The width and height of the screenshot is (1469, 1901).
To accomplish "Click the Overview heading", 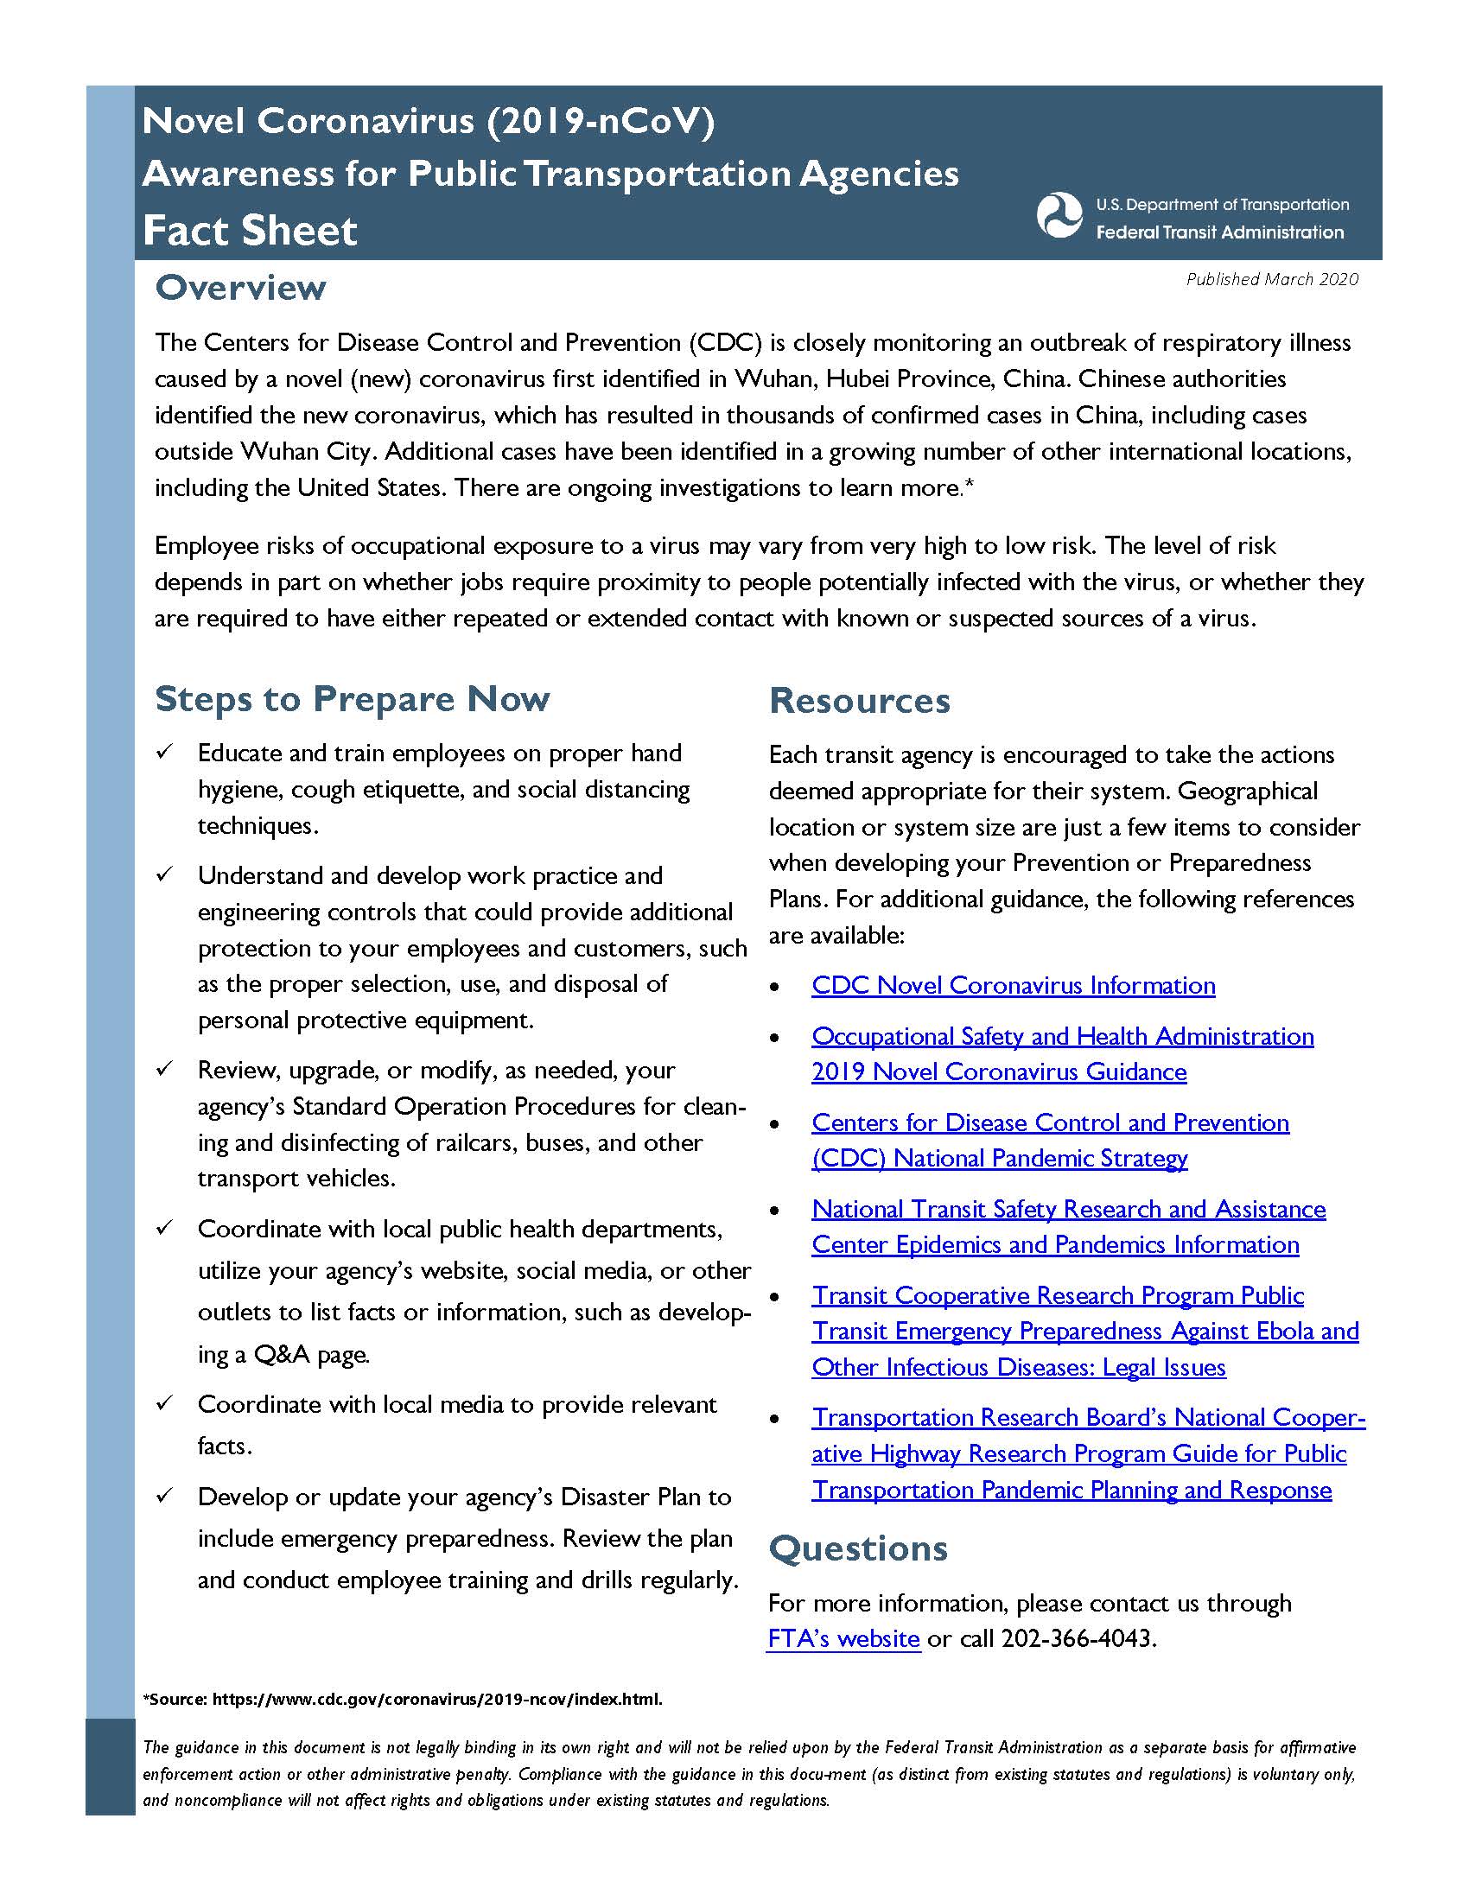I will point(240,288).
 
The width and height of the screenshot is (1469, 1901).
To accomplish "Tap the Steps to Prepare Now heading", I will point(352,699).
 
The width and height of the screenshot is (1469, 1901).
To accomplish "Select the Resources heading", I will point(859,701).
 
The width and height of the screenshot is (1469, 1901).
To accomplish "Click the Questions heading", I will point(858,1549).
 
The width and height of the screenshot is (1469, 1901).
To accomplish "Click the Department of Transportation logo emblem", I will point(1059,214).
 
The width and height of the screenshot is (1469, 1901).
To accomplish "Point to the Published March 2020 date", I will point(1271,278).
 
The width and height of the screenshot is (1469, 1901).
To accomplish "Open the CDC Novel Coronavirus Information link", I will point(1013,985).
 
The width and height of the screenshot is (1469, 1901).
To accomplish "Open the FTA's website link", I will point(843,1638).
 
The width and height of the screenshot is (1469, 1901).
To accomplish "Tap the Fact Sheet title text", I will point(250,231).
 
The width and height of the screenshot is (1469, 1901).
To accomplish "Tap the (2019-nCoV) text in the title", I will point(601,121).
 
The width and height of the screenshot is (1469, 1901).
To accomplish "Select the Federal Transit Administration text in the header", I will point(1219,232).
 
